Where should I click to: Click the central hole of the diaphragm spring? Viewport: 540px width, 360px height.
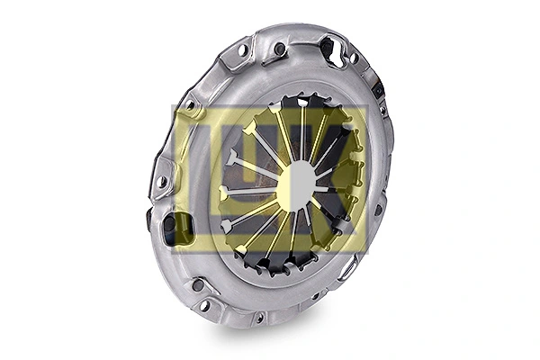coord(296,184)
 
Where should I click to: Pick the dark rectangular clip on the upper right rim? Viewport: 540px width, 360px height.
coord(377,88)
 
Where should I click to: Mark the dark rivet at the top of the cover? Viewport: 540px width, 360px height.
coord(280,48)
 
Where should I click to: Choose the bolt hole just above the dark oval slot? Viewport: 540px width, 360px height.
coord(161,183)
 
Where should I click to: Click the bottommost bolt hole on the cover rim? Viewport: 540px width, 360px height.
coord(259,317)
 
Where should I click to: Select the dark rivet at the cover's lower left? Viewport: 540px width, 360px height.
coord(198,285)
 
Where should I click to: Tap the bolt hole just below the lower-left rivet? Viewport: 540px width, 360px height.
coord(205,306)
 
